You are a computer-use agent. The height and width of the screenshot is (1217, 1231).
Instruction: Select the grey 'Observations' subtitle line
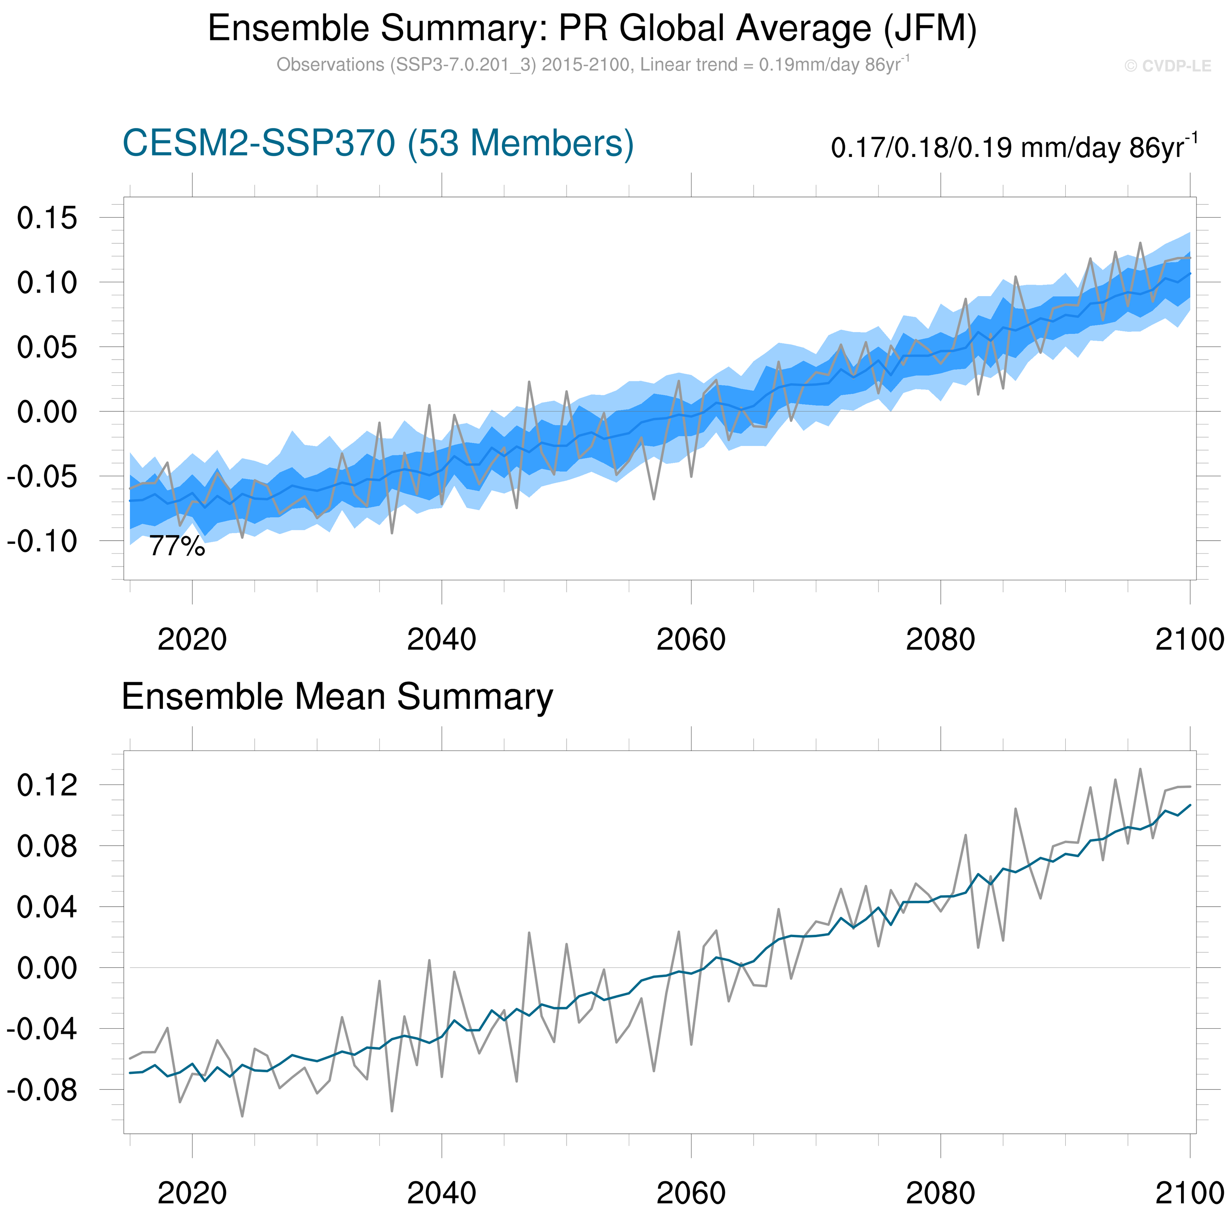click(x=593, y=65)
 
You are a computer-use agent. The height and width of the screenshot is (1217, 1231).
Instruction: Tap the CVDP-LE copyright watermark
click(x=1167, y=66)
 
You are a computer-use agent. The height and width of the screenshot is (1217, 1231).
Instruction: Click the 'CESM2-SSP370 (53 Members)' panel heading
click(x=378, y=144)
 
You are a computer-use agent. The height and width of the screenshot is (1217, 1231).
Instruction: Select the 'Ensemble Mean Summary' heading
click(x=337, y=697)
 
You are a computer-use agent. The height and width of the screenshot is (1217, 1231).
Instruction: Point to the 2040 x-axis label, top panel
click(x=442, y=639)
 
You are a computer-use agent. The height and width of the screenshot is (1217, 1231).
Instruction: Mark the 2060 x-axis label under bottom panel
click(x=691, y=1193)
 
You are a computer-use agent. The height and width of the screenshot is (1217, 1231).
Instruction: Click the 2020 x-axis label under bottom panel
click(x=192, y=1193)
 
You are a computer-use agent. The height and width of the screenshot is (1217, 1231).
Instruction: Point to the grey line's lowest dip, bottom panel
click(x=242, y=1116)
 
